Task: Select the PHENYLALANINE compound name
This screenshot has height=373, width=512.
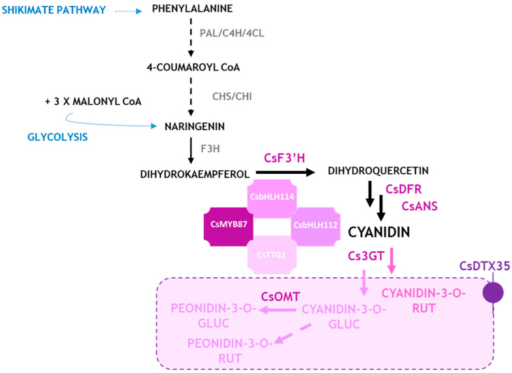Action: click(192, 8)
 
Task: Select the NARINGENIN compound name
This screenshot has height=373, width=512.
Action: click(196, 128)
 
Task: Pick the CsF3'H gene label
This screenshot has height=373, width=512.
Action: click(284, 158)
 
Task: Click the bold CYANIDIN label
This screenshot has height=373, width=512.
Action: click(380, 232)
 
